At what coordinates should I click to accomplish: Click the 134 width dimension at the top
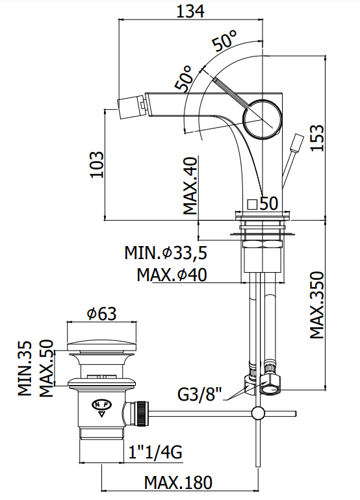click(190, 12)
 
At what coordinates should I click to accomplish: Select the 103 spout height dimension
click(97, 164)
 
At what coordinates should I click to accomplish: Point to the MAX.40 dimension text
click(190, 186)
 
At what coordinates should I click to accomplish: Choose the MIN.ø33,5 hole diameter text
click(166, 253)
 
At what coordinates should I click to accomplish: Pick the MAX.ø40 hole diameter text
click(172, 275)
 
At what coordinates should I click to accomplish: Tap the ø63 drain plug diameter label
click(101, 314)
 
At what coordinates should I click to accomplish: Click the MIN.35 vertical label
click(25, 368)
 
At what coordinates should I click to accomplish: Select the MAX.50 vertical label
click(46, 368)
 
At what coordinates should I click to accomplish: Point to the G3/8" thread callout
click(199, 395)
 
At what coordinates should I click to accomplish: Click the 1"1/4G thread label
click(155, 452)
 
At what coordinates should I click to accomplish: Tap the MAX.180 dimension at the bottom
click(178, 482)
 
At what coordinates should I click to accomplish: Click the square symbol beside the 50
click(252, 205)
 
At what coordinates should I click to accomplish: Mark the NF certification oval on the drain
click(102, 405)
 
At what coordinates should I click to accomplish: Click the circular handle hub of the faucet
click(263, 119)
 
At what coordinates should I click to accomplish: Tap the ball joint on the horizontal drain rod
click(258, 413)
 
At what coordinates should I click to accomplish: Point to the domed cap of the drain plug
click(101, 347)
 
